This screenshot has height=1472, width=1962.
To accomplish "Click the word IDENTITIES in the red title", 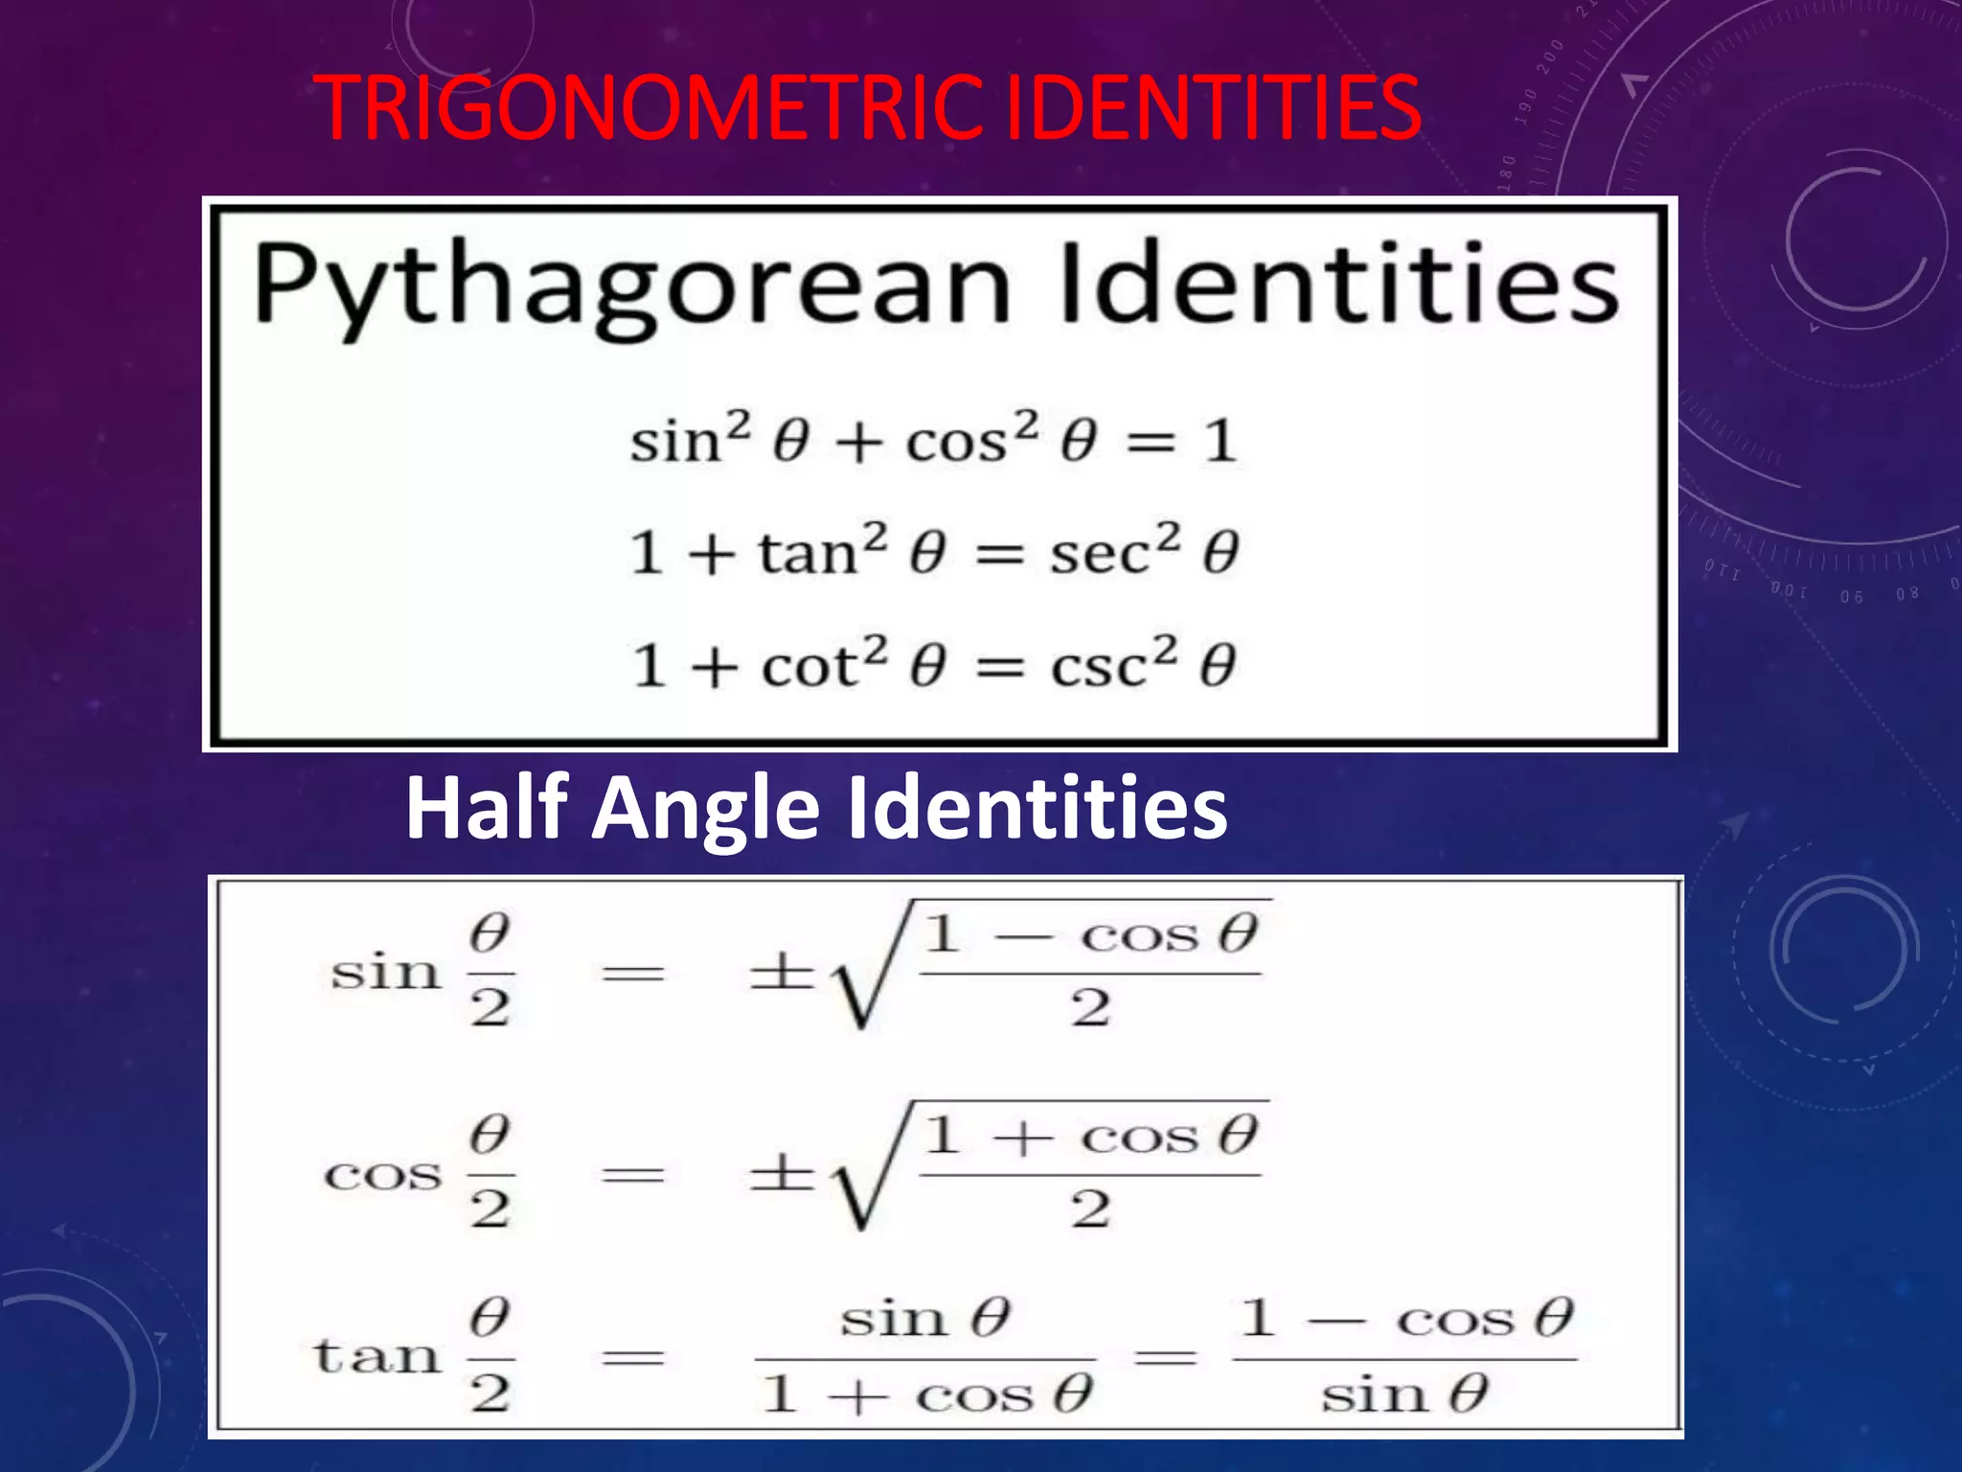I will [x=1211, y=107].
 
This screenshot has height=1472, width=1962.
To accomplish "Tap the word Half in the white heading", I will [x=488, y=808].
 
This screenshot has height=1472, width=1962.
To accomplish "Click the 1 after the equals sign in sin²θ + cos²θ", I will [x=1220, y=442].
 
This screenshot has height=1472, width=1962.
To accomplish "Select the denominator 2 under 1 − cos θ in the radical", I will [x=1090, y=1008].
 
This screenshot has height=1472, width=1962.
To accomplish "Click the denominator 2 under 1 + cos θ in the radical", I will [x=1090, y=1209].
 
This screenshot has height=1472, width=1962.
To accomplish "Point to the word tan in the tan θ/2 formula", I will [x=376, y=1356].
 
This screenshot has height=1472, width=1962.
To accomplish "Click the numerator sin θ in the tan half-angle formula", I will [x=924, y=1319].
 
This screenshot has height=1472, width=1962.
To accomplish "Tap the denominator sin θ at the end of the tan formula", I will [x=1403, y=1394].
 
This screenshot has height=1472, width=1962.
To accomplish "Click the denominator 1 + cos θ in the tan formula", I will [x=925, y=1395].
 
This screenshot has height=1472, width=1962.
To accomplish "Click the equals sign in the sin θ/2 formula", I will [x=632, y=975].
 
